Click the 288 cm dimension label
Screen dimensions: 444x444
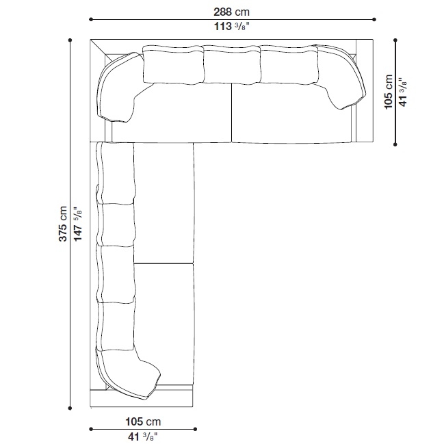(231, 12)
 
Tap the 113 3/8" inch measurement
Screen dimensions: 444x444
(232, 26)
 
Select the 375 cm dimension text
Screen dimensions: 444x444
(63, 224)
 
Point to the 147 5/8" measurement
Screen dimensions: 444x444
(77, 224)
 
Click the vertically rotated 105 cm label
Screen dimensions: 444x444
(388, 92)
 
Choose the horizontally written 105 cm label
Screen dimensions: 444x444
(143, 421)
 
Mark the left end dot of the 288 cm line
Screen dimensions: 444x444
(91, 19)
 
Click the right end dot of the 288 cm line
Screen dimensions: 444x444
(374, 19)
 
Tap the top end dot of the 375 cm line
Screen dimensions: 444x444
(70, 40)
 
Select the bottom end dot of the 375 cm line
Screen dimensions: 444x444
(70, 408)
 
